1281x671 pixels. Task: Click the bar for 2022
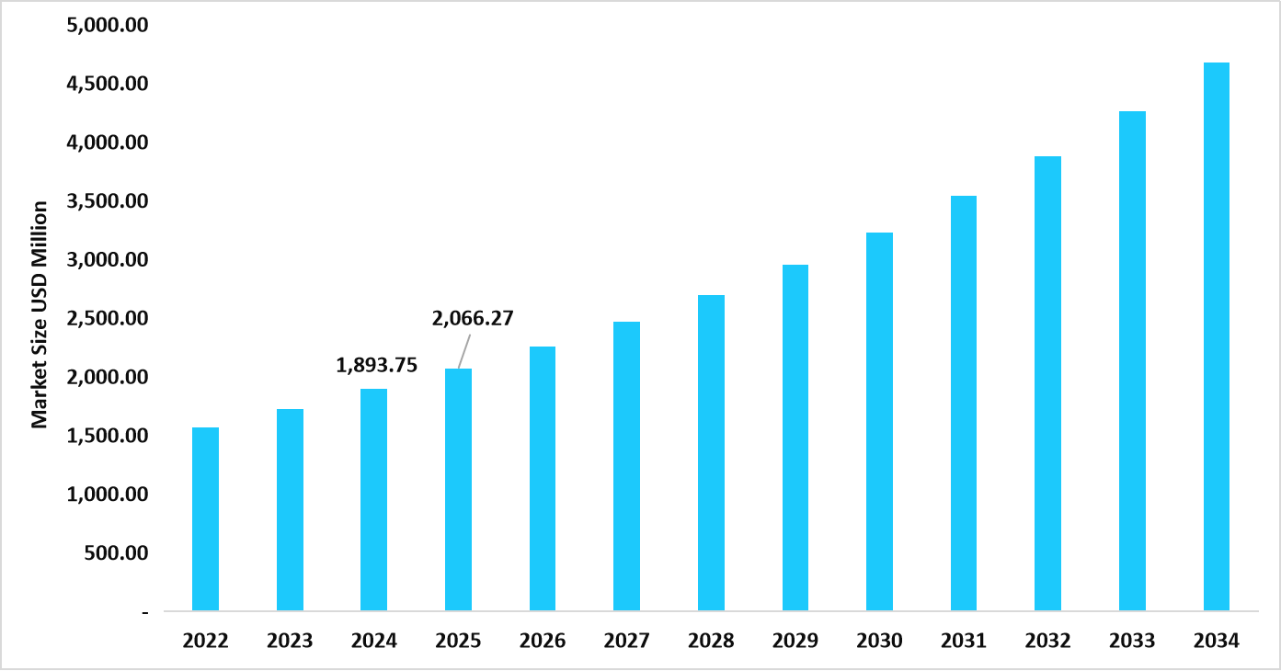coord(205,519)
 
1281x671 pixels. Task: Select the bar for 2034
coord(1217,336)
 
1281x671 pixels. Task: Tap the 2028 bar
coord(711,452)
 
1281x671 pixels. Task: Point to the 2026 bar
coord(543,478)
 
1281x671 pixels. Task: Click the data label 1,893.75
coord(377,365)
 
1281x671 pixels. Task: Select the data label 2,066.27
coord(473,319)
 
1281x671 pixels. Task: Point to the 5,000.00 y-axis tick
coord(108,26)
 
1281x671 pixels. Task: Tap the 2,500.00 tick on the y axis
coord(108,319)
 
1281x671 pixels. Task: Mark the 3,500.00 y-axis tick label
coord(108,201)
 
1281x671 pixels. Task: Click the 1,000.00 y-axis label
coord(108,495)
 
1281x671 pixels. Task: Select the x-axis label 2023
coord(290,641)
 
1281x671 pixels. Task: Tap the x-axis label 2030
coord(880,641)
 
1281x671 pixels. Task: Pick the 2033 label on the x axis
coord(1132,641)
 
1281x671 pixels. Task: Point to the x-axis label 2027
coord(627,641)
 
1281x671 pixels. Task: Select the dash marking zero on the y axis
coord(145,612)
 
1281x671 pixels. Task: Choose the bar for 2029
coord(795,438)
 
